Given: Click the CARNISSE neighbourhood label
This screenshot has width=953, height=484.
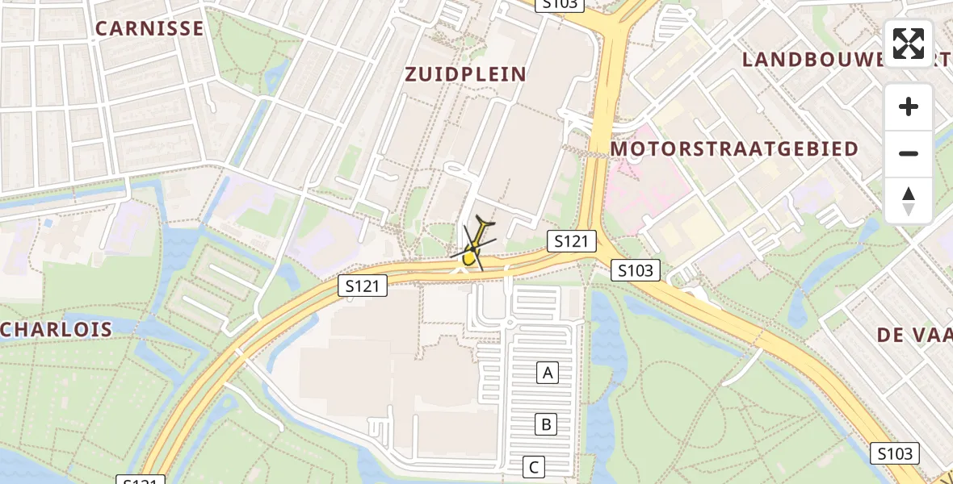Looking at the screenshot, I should point(149,28).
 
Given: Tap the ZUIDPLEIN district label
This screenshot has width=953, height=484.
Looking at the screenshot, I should point(466,74).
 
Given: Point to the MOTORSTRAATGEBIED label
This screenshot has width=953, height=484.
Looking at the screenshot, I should point(734,149).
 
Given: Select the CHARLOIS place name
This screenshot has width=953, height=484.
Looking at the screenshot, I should point(57,330).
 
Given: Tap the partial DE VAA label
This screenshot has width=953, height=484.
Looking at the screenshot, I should point(914,335).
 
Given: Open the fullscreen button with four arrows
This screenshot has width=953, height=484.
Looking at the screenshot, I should point(909,44).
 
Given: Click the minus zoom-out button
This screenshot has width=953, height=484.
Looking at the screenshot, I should point(909,153).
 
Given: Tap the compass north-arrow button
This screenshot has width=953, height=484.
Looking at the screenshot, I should point(909,201).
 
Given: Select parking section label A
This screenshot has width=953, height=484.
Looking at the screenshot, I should point(548,373).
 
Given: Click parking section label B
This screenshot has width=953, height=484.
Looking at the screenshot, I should point(546,423).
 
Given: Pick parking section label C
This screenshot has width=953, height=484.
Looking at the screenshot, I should point(533,466).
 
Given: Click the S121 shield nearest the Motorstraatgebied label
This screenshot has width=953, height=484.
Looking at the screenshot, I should point(572,240).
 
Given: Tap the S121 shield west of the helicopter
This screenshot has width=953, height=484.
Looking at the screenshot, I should point(363,284).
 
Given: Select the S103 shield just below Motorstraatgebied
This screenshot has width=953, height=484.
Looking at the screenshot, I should point(636,270).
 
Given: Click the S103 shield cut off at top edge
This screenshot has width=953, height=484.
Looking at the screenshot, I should point(559,4).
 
